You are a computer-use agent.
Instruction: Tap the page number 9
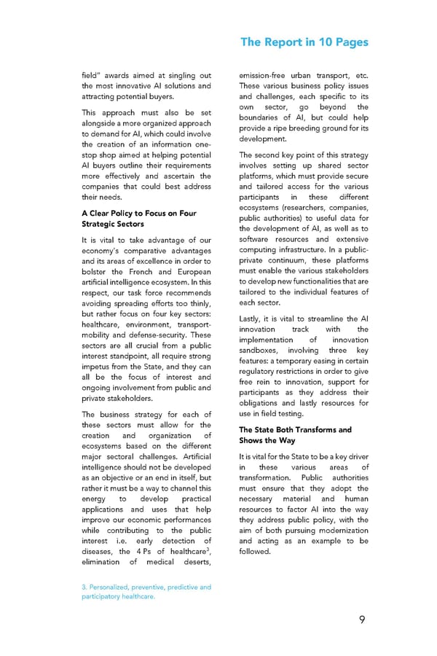pyautogui.click(x=362, y=620)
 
